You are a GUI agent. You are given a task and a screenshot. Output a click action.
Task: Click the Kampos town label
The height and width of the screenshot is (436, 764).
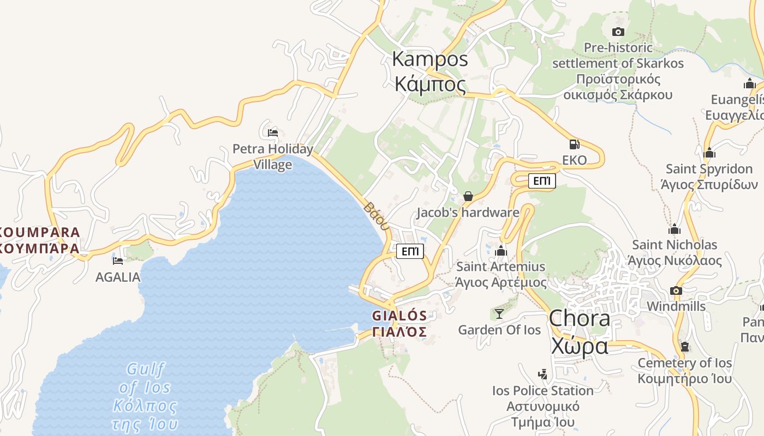click(x=430, y=71)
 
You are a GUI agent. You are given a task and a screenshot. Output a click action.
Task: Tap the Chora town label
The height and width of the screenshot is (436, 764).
click(x=579, y=332)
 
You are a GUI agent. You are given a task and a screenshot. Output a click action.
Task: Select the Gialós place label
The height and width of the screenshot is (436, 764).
click(x=399, y=324)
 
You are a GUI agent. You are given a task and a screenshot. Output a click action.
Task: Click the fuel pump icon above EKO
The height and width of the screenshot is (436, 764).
click(x=574, y=144)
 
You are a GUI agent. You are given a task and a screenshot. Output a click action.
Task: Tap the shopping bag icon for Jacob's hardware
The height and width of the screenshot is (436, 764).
click(x=468, y=196)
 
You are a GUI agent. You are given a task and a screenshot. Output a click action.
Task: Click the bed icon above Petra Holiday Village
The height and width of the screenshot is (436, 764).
click(x=273, y=132)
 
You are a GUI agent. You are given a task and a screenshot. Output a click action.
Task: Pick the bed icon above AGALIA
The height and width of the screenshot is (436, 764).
click(x=118, y=261)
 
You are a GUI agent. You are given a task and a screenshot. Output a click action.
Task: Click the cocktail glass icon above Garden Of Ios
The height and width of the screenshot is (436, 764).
click(x=499, y=313)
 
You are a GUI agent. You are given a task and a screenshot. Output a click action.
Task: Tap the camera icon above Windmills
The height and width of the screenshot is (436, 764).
click(x=676, y=290)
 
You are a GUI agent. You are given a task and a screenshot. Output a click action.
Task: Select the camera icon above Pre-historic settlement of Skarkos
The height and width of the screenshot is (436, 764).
click(x=618, y=32)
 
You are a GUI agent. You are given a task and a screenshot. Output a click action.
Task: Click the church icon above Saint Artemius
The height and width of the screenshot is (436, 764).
click(x=500, y=251)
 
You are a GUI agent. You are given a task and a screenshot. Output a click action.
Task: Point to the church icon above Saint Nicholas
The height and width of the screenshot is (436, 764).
click(x=675, y=229)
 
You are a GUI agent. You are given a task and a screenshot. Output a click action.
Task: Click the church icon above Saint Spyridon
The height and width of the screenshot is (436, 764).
click(x=709, y=153)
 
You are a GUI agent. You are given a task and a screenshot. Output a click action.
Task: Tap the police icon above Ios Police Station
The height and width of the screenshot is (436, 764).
click(x=542, y=374)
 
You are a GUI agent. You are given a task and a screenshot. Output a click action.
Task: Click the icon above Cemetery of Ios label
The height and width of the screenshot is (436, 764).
click(x=684, y=347)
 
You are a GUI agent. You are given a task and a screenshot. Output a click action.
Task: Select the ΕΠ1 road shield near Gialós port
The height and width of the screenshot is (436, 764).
click(x=410, y=251)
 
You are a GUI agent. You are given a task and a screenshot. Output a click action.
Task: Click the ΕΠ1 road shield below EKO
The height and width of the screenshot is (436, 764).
click(x=542, y=181)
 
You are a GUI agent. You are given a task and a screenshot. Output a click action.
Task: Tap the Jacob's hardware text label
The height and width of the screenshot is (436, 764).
click(x=468, y=213)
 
